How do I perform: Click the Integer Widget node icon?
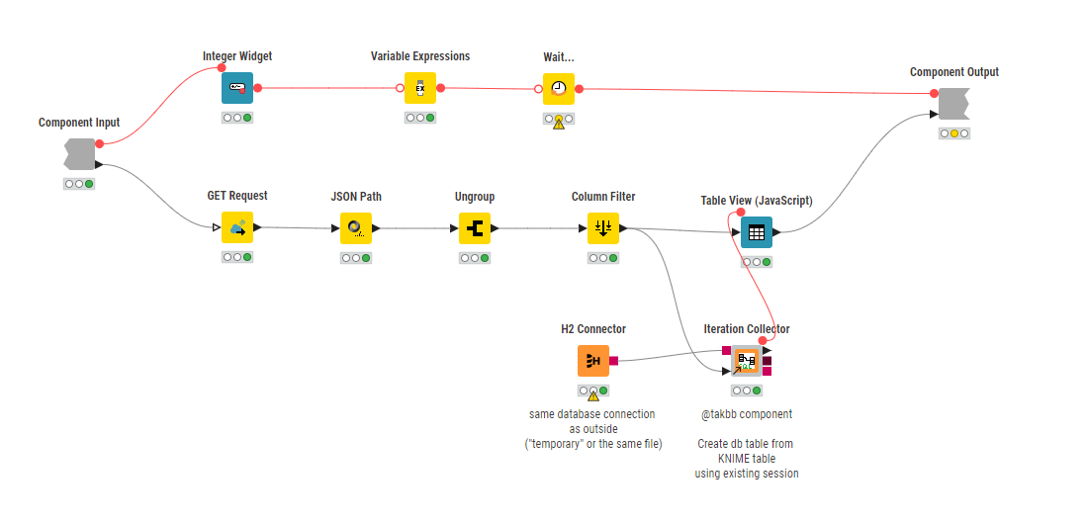[237, 88]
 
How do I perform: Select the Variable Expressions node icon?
[420, 88]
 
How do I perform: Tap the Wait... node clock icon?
[559, 88]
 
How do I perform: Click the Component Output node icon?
[953, 104]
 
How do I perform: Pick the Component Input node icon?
[79, 154]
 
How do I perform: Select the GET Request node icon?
[237, 227]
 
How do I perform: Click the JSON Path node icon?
[356, 228]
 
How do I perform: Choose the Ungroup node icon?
[475, 228]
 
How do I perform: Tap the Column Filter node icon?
[603, 228]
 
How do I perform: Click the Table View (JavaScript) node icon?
[757, 232]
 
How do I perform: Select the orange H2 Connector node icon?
[593, 361]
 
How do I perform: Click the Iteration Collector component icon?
[747, 362]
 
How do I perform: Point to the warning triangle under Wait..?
[559, 125]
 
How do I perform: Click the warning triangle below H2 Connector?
[593, 395]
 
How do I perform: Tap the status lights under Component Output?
[954, 133]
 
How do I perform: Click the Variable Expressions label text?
[420, 56]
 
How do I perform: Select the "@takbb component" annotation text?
[746, 414]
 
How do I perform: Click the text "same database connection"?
[592, 414]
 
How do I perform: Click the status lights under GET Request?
[237, 257]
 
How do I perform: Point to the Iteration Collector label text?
[747, 329]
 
